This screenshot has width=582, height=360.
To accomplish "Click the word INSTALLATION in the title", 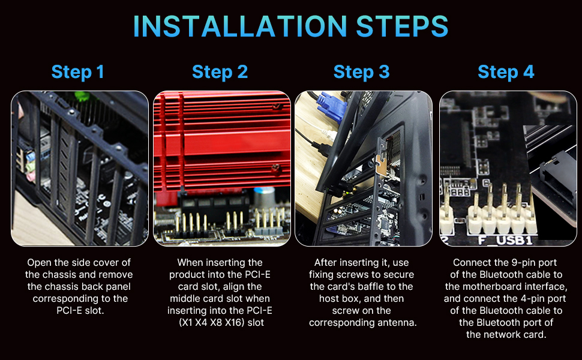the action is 240,26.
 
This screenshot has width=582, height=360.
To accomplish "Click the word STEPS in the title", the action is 402,26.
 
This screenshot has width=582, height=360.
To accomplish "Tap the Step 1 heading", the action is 77,72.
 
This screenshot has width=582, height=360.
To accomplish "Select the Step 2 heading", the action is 220,72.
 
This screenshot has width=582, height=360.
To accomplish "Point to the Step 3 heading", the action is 362,72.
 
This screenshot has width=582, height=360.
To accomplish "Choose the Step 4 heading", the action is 506,72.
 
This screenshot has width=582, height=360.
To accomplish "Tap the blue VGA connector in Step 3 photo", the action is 331,107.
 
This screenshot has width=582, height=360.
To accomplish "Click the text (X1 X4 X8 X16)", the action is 212,323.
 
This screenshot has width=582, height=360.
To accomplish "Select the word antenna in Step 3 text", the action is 398,323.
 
